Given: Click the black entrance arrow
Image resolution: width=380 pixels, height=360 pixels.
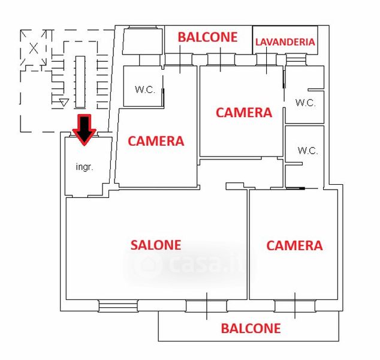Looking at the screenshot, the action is (x=85, y=128).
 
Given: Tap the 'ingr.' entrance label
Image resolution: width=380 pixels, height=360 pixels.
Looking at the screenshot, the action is (x=85, y=167).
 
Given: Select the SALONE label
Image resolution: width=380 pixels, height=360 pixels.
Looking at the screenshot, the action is (x=156, y=245).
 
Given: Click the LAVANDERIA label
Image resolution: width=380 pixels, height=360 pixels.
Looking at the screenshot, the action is (x=285, y=42).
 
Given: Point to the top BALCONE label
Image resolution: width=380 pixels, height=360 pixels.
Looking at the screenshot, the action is (x=207, y=37).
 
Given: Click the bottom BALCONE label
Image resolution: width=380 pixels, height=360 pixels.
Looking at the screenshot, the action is (x=251, y=328).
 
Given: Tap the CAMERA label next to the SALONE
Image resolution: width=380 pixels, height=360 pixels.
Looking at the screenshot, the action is (x=294, y=245).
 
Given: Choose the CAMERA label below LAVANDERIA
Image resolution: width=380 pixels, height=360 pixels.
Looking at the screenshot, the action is (x=244, y=112).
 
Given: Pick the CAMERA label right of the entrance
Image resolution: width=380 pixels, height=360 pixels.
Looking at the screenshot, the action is (x=156, y=142).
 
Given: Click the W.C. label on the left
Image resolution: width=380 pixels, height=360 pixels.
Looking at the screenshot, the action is (x=144, y=90).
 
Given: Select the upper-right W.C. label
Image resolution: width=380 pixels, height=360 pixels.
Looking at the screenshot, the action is (x=305, y=103).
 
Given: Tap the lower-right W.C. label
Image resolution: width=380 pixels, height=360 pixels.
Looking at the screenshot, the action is (x=307, y=151).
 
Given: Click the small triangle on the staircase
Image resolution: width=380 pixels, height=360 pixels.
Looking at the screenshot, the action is (x=64, y=103).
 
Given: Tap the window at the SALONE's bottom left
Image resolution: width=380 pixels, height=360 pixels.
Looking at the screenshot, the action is (x=118, y=307).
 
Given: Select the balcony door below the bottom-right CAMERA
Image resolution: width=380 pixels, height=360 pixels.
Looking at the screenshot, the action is (x=295, y=306).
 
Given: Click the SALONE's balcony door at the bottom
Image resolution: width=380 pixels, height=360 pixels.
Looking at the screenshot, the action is (x=206, y=306).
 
